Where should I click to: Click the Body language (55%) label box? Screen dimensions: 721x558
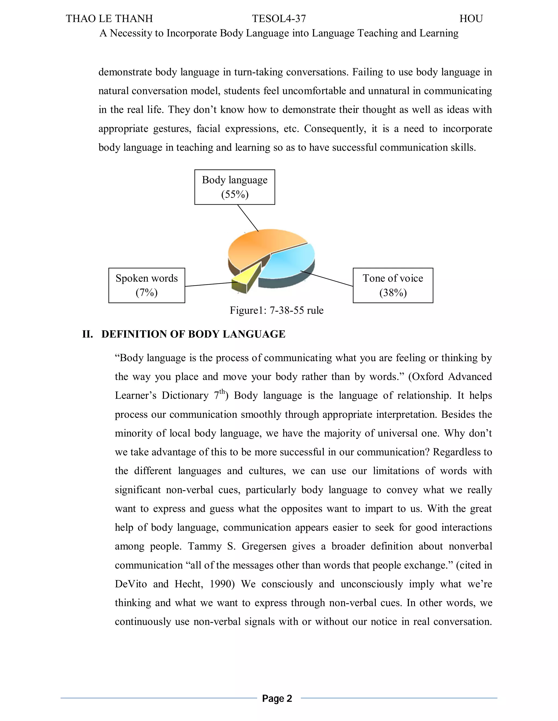coord(235,187)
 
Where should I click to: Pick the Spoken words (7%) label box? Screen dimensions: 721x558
coord(146,285)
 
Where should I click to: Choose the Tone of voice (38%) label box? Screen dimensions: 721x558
coord(393,285)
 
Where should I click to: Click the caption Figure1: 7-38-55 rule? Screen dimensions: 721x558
coord(276,310)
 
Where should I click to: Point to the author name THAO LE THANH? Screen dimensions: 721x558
coord(109,19)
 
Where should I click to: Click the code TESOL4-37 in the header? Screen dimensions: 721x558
coord(279,19)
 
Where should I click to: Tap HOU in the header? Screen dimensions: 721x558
coord(471,19)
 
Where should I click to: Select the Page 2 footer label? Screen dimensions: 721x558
coord(277,698)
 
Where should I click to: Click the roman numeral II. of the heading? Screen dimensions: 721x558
coord(88,334)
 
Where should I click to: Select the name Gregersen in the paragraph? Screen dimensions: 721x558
coord(264,546)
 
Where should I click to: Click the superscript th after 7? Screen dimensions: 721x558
coord(222,392)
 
